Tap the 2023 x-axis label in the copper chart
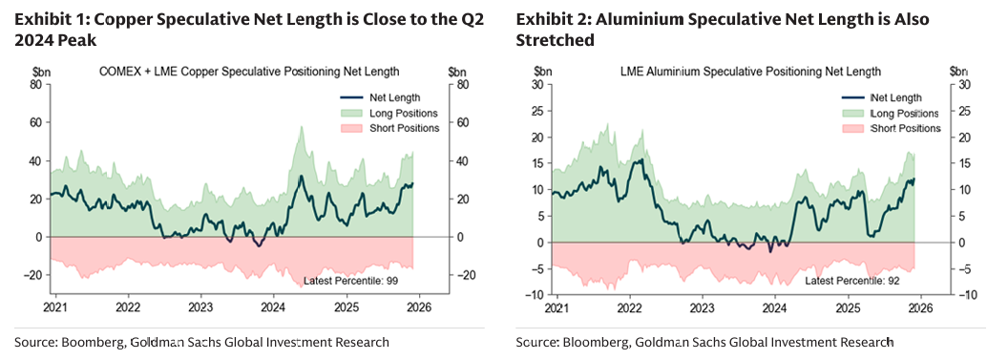tap(200, 308)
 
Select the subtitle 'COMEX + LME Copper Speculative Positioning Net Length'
tap(249, 71)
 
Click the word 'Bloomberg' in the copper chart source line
tap(86, 341)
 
